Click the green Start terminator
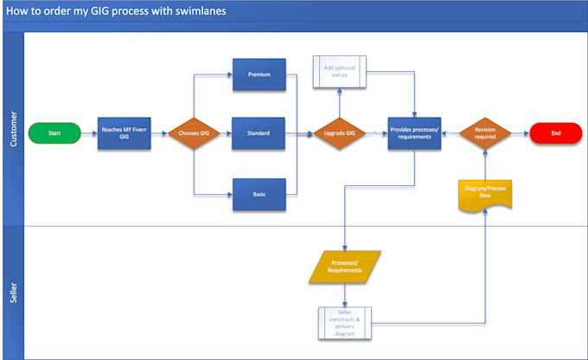pyautogui.click(x=55, y=134)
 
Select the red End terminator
pyautogui.click(x=555, y=134)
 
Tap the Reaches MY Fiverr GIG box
pyautogui.click(x=122, y=134)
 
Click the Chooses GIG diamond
pyautogui.click(x=193, y=134)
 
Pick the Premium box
pyautogui.click(x=259, y=74)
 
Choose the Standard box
pyautogui.click(x=259, y=134)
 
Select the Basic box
pyautogui.click(x=259, y=195)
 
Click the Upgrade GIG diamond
pyautogui.click(x=339, y=134)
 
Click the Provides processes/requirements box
pyautogui.click(x=414, y=134)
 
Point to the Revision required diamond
pyautogui.click(x=485, y=134)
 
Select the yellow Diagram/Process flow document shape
pyautogui.click(x=485, y=195)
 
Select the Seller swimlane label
pyautogui.click(x=14, y=292)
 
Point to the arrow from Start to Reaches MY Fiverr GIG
pyautogui.click(x=89, y=134)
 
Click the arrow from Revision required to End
pyautogui.click(x=521, y=134)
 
